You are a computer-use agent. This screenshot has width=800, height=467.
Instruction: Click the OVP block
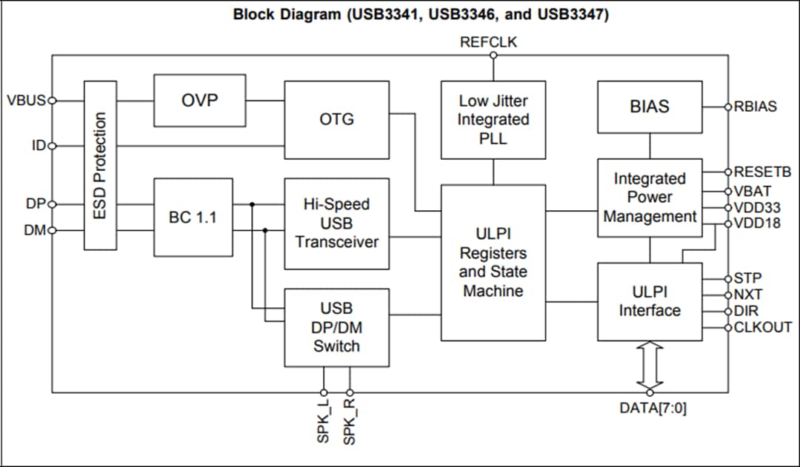coord(199,101)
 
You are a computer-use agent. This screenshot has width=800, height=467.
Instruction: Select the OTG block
coord(336,119)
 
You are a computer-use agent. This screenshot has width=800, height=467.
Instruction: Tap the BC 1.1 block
coord(193,218)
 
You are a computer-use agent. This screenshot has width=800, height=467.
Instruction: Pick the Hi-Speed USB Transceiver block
coord(336,223)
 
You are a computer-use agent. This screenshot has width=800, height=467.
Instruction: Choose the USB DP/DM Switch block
coord(336,327)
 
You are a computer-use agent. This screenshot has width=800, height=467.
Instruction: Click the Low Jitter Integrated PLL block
coord(493,119)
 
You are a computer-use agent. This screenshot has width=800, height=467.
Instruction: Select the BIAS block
coord(649,107)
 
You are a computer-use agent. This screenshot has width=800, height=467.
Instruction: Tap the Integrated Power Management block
coord(649,198)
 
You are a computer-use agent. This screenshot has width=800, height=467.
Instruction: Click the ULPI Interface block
coord(649,301)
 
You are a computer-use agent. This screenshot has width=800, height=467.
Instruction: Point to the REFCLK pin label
coord(489,43)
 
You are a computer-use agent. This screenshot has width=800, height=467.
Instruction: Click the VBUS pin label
coord(27,101)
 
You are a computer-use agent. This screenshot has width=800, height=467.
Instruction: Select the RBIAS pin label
coord(756,107)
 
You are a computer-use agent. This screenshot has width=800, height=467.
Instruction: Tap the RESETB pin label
coord(762,172)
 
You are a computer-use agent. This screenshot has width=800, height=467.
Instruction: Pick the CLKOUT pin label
coord(762,327)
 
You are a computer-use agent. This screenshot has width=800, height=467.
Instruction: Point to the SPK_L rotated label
coord(323,422)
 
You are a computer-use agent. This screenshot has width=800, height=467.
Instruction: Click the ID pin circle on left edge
coord(52,146)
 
